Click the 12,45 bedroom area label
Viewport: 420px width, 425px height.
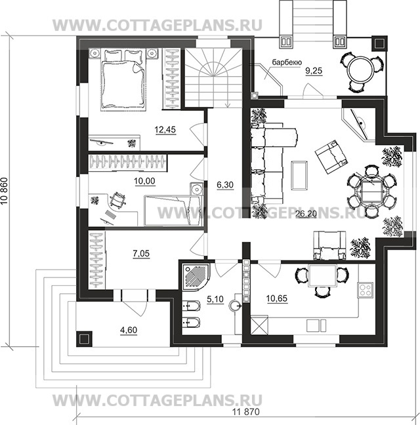[165, 130]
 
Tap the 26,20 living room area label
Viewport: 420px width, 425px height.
[306, 214]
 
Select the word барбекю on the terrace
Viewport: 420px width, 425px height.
[287, 62]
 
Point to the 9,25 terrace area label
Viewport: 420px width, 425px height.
[314, 71]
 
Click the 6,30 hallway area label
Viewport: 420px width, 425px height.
[225, 185]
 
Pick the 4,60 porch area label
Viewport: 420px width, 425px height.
[129, 330]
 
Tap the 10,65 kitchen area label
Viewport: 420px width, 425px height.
[277, 298]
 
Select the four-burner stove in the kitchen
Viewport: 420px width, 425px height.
[365, 290]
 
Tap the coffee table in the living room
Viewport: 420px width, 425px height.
[299, 176]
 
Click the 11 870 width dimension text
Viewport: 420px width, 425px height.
[246, 412]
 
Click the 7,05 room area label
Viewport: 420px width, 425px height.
[141, 254]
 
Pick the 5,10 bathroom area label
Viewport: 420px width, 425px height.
[215, 299]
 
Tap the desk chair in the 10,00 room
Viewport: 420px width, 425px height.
[117, 200]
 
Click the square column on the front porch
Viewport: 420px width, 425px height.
[84, 339]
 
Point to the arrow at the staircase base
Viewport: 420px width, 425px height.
[227, 100]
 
